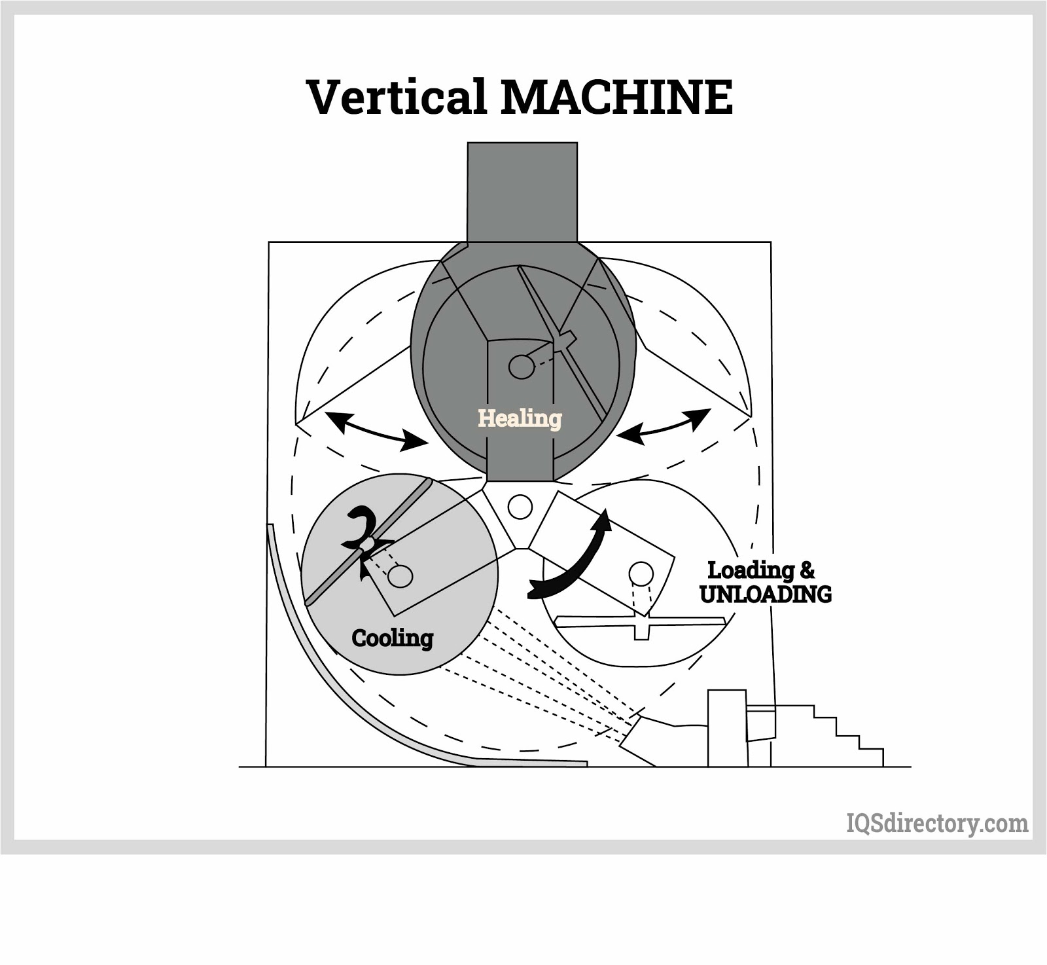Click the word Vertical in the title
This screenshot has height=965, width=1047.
(396, 97)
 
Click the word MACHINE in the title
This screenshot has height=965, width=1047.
(616, 97)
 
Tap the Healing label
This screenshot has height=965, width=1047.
(520, 418)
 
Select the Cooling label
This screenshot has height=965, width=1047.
(392, 638)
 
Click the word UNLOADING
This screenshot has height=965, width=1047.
(765, 594)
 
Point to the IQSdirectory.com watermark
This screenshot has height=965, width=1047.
(937, 823)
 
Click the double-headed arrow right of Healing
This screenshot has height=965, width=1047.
(664, 427)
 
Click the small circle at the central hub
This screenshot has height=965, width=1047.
(520, 507)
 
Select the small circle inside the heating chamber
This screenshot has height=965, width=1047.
(522, 367)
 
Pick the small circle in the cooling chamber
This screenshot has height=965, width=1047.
(400, 576)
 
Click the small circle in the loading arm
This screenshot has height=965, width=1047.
(641, 574)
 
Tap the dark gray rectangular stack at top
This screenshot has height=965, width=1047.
(522, 192)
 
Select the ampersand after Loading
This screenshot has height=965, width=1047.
(807, 570)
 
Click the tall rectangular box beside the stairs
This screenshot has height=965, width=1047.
(727, 727)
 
